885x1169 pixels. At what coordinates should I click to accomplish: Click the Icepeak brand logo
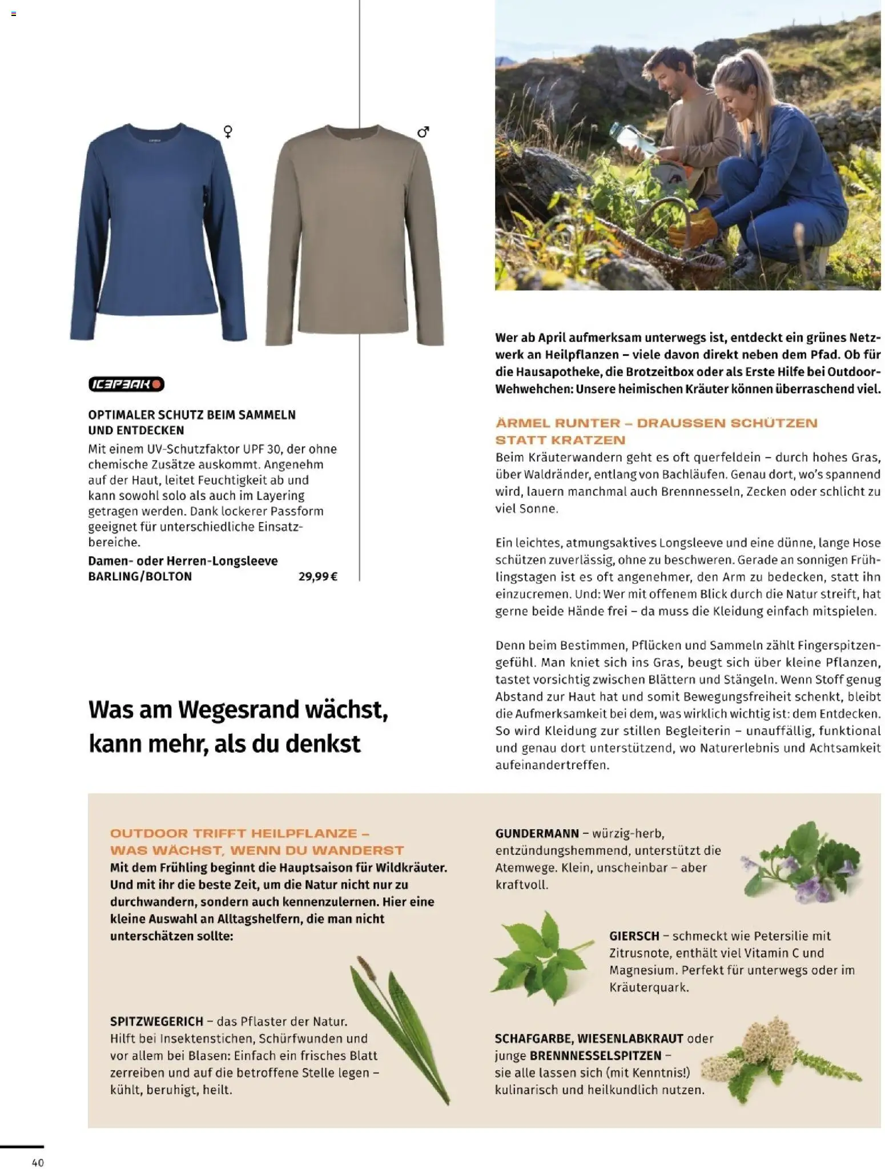[x=126, y=384]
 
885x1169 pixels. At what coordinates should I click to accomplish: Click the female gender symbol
[x=228, y=132]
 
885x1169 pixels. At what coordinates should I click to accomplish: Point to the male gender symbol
[x=423, y=132]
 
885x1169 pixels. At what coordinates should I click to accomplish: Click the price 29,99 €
[x=317, y=576]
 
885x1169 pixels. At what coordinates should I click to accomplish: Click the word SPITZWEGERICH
[x=156, y=1021]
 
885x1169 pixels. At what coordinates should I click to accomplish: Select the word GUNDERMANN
[x=537, y=833]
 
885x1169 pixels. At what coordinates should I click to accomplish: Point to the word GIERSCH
[x=634, y=936]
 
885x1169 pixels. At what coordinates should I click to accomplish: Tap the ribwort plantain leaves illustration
[x=400, y=1022]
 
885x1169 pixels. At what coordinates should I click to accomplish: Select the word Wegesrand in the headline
[x=240, y=710]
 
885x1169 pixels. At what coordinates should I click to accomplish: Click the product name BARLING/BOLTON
[x=140, y=576]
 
